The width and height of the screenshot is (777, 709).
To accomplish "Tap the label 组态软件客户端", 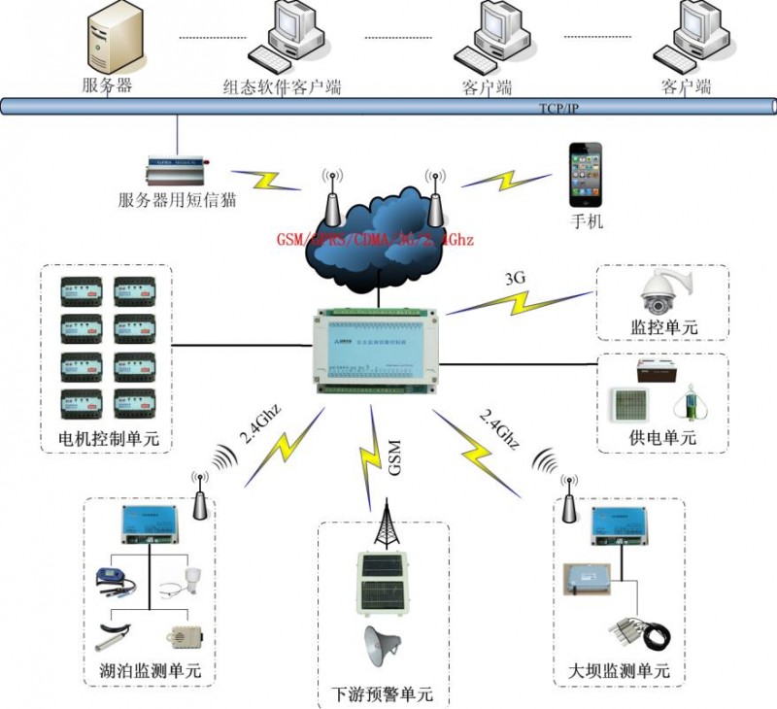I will [x=282, y=86].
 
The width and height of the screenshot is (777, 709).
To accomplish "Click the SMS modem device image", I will [x=177, y=171].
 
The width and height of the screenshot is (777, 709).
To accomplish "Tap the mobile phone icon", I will [x=585, y=175].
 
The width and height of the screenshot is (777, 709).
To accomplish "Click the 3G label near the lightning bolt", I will [x=515, y=278].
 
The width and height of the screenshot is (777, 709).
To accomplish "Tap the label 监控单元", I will [x=663, y=327].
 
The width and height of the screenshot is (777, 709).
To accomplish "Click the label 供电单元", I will [x=663, y=438].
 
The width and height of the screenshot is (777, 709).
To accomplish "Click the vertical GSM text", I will [x=394, y=458].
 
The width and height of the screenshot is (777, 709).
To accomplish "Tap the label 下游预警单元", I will [x=382, y=695].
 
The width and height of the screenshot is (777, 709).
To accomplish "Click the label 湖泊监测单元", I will [x=151, y=671].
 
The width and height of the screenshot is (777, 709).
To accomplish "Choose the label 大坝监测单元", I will [x=619, y=671].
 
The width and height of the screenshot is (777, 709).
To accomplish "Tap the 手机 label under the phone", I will [x=587, y=221].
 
